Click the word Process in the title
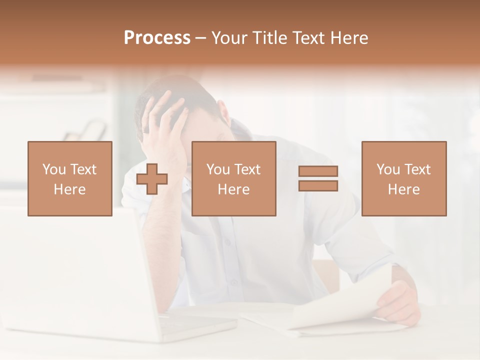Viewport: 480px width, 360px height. pos(157,38)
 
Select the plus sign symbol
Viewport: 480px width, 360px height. pos(152,179)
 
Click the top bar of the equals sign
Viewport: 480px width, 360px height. pos(318,171)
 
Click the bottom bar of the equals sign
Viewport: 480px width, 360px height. pos(318,186)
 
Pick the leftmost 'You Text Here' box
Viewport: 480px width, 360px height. pos(70,179)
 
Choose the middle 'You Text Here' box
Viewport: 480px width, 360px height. pos(234,179)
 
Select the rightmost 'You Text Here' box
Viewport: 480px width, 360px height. pos(404,179)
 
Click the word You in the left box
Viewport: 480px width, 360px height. pos(54,169)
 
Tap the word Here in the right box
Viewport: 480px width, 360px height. pos(404,189)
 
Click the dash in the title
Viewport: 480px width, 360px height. pos(201,38)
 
